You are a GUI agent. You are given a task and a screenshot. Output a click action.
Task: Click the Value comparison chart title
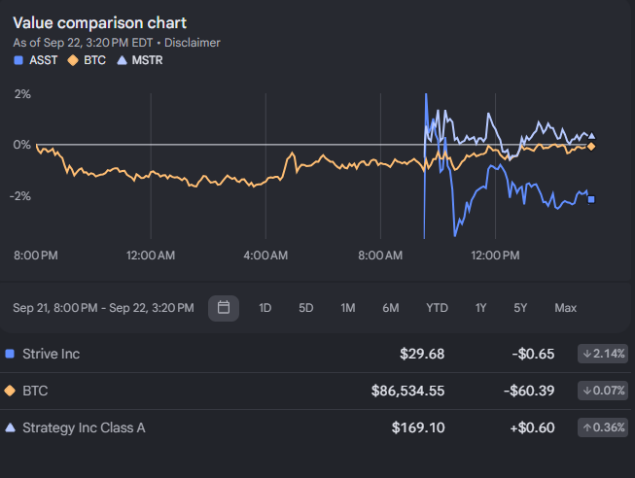coord(99,23)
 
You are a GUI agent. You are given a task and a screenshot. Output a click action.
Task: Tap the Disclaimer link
coord(193,43)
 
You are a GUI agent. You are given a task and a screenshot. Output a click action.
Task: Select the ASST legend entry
coord(36,60)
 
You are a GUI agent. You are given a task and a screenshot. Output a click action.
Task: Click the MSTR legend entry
coord(140,60)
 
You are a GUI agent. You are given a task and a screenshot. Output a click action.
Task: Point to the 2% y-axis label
coord(22,94)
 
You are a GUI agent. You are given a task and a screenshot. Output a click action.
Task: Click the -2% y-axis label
coord(20,196)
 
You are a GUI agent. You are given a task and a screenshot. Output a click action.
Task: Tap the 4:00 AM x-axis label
coord(265,256)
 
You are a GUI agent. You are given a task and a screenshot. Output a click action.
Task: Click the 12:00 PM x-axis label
coord(495,256)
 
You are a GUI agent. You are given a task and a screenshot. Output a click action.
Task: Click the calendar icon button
coord(224,308)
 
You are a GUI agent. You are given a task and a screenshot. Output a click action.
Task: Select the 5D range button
coord(305,308)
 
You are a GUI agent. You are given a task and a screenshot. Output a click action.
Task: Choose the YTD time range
coord(437,308)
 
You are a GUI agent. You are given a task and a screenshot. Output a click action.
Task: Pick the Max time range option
coord(565,308)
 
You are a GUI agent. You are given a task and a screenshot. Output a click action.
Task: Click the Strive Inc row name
coord(51,354)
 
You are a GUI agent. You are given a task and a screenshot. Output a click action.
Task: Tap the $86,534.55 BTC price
coord(407,391)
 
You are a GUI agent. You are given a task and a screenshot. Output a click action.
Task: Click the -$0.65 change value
coord(533,354)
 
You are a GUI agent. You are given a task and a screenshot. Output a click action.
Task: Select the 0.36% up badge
coord(603,427)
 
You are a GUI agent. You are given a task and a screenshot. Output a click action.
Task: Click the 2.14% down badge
coord(603,354)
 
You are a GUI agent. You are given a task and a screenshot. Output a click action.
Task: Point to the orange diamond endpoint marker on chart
coord(591,147)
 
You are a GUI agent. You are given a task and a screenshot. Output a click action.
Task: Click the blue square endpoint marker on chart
coord(591,199)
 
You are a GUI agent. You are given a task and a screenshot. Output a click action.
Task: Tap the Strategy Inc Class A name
coord(84,427)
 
